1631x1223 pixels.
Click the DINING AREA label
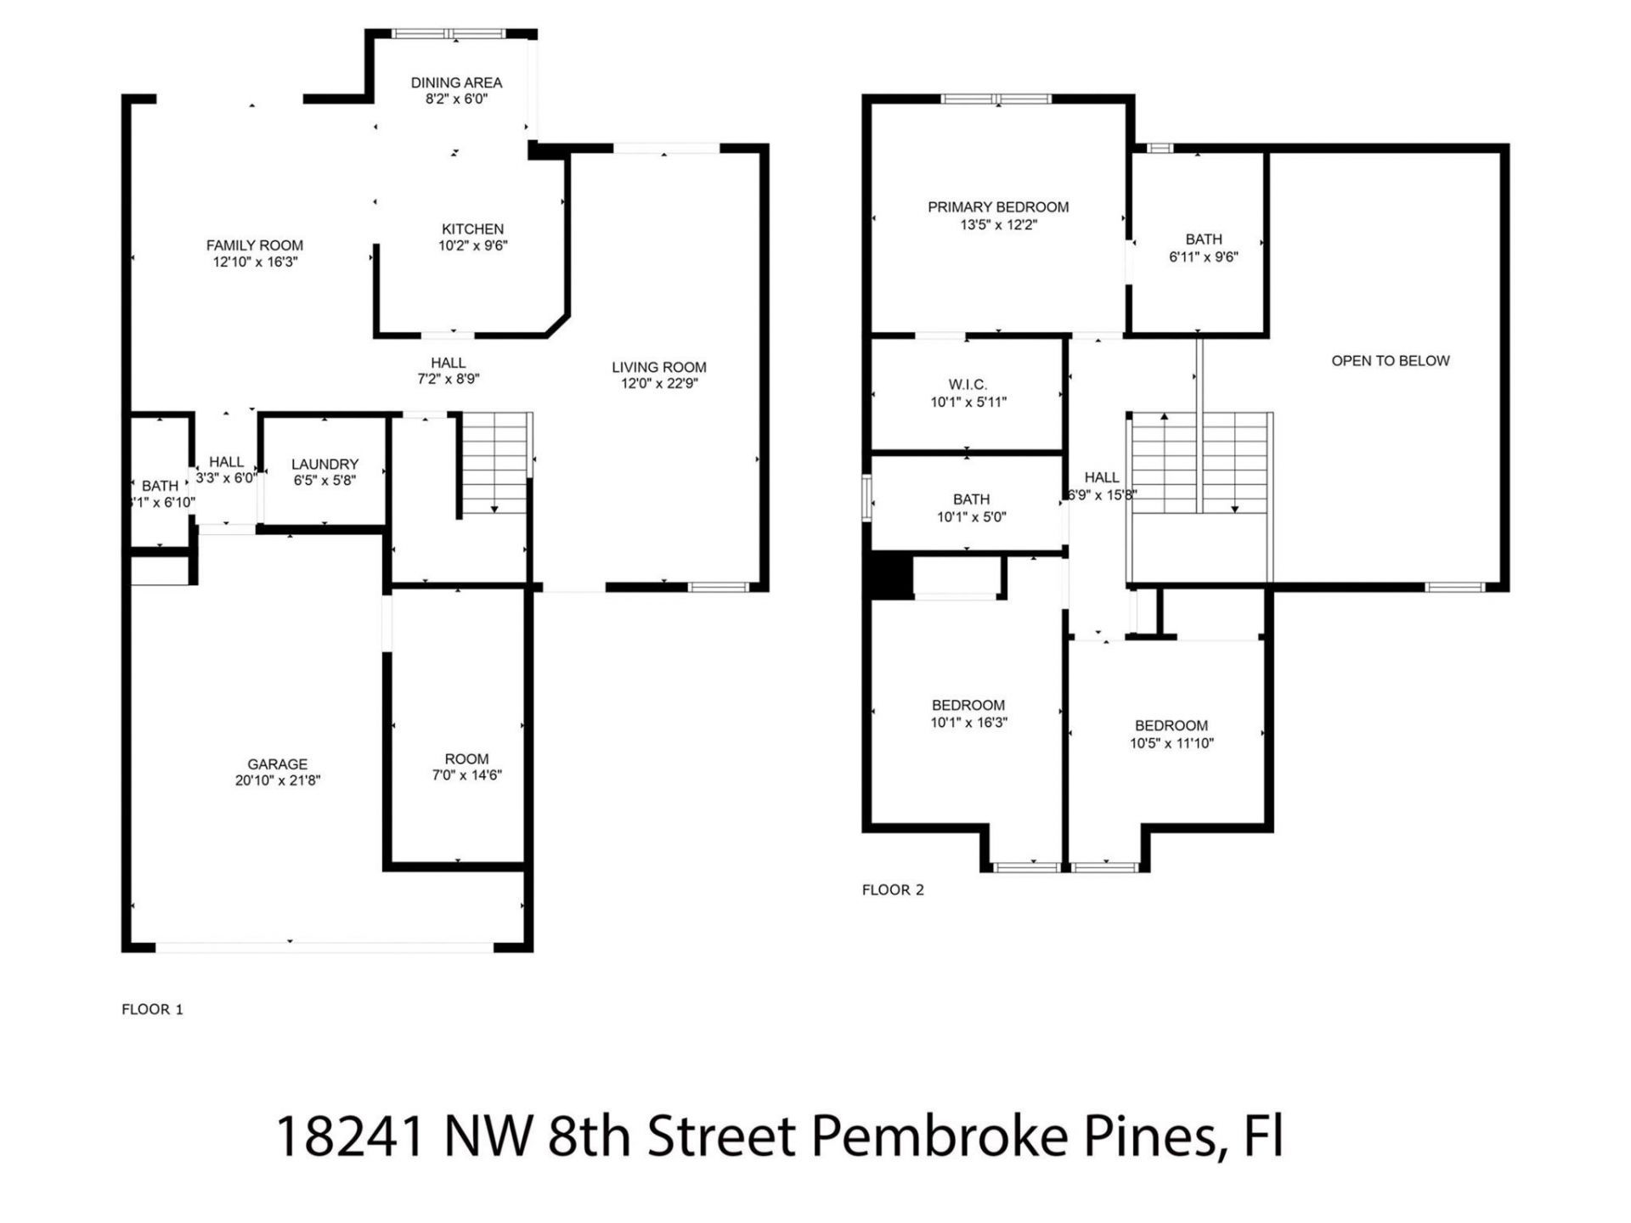[456, 82]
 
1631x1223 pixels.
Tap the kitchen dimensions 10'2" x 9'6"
[473, 246]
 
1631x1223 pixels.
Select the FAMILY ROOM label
[255, 245]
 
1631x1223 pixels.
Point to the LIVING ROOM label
[659, 367]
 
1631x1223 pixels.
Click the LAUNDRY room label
[325, 464]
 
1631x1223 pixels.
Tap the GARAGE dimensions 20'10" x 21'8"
[278, 781]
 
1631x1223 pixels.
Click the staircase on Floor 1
[495, 463]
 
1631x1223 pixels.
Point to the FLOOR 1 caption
[153, 1009]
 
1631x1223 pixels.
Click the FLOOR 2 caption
[893, 889]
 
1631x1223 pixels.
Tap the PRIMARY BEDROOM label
[998, 206]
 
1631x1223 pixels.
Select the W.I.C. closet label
[968, 385]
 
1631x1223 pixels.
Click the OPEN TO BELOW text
[1390, 360]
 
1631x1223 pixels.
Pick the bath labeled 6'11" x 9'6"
[1204, 248]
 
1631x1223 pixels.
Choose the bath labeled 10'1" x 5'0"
[971, 508]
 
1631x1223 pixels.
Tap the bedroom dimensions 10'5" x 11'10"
[1171, 744]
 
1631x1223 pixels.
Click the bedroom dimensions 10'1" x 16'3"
[968, 723]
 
